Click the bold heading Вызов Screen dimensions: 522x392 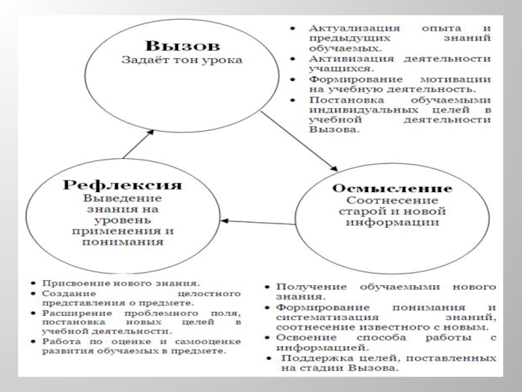tap(183, 47)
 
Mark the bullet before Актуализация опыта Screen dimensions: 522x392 tap(294, 29)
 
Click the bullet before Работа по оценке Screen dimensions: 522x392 tap(33, 342)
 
